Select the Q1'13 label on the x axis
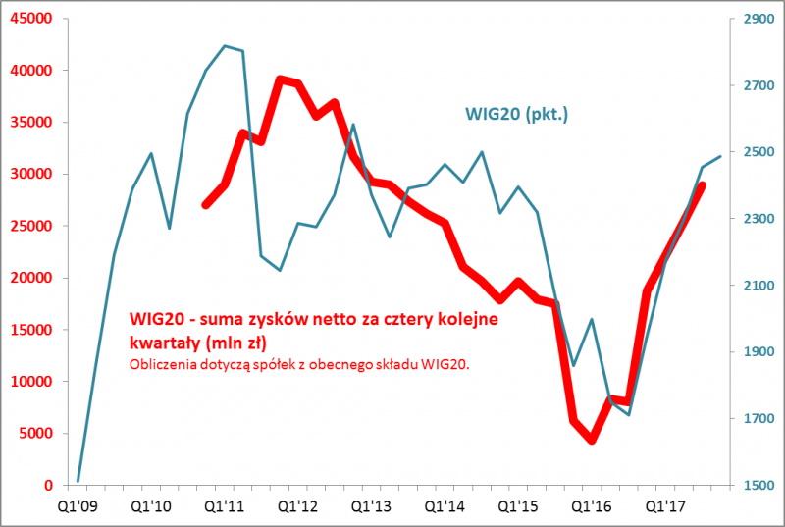pos(371,506)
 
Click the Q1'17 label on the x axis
pos(665,506)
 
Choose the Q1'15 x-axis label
pos(518,506)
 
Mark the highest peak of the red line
pos(280,79)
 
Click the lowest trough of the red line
pos(592,440)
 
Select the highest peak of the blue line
pos(225,45)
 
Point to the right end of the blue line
pos(721,156)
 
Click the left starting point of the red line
pos(205,205)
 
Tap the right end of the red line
pos(703,184)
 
